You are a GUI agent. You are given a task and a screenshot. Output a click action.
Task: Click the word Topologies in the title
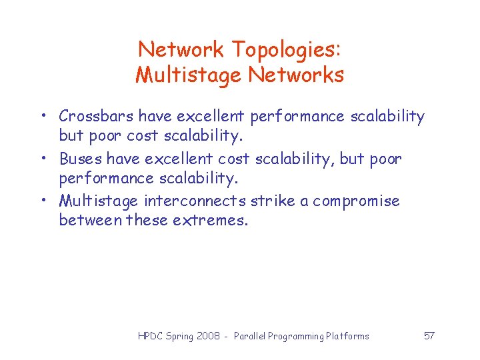click(287, 49)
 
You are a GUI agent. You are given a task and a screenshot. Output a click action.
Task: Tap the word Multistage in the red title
click(189, 75)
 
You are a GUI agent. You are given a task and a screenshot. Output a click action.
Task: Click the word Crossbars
click(96, 117)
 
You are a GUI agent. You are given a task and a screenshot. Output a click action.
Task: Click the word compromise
click(357, 201)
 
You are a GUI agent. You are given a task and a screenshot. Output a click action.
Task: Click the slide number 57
click(429, 336)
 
